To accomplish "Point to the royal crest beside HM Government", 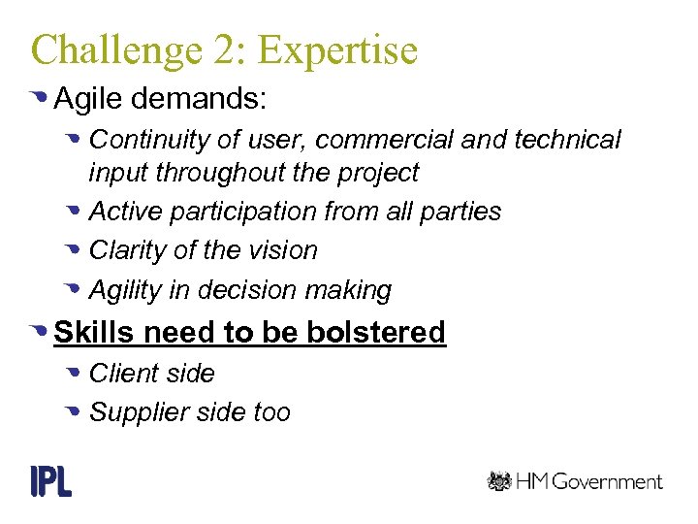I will pyautogui.click(x=499, y=480).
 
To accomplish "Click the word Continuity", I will pyautogui.click(x=149, y=140).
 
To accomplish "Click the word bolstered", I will pyautogui.click(x=376, y=332).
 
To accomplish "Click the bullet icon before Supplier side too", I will pyautogui.click(x=76, y=412).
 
